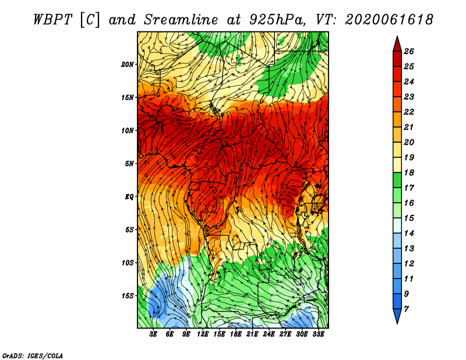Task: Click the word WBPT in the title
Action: (52, 20)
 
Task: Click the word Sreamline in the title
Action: (181, 20)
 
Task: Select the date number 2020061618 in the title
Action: (389, 20)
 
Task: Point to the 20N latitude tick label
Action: (128, 65)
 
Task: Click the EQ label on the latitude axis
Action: (129, 196)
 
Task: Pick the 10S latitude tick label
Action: (128, 263)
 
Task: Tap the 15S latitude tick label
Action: (128, 296)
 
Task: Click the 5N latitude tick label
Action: (129, 164)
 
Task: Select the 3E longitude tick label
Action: (153, 334)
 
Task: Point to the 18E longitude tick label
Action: (236, 334)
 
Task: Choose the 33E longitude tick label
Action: (318, 334)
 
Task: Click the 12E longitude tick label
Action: (203, 334)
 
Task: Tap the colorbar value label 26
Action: (409, 51)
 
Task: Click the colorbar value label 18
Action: (409, 172)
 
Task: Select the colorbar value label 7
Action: (406, 309)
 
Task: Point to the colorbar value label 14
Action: (409, 234)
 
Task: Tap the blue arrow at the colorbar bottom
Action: (397, 316)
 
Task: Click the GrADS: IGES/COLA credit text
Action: (33, 356)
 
